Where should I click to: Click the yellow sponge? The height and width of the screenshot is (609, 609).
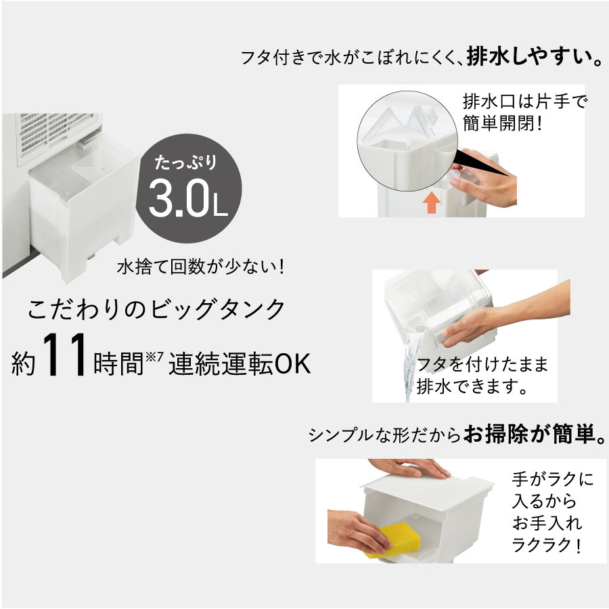[393, 539]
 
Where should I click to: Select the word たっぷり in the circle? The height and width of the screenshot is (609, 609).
[185, 162]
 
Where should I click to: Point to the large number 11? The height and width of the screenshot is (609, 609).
[65, 355]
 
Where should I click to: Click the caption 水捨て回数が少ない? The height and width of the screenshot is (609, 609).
[201, 267]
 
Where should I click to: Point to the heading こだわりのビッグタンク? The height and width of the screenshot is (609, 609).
[157, 309]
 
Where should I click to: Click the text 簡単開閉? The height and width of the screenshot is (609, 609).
[503, 124]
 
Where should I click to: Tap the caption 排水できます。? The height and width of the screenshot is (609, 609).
[472, 387]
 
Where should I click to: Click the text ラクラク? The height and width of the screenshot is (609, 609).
[547, 545]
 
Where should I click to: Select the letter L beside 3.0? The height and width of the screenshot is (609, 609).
[220, 208]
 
